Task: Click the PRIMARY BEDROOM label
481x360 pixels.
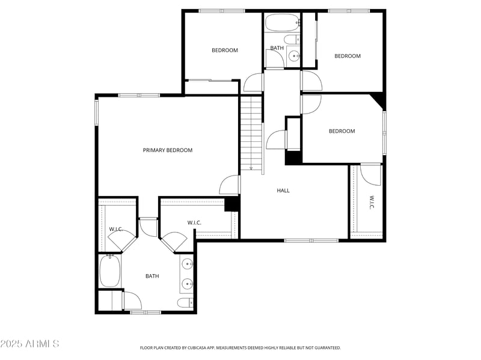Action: pos(167,150)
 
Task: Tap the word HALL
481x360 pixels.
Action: pos(283,191)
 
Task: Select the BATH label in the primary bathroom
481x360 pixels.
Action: pos(152,276)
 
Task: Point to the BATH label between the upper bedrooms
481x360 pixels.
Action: pos(277,48)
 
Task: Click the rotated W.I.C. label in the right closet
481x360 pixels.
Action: pos(371,202)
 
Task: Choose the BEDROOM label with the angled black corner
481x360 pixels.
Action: pos(342,131)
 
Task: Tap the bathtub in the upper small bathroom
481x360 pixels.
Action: pos(282,24)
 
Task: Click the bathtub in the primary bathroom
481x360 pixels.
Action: pos(109,272)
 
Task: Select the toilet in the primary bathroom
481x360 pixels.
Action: pos(185,302)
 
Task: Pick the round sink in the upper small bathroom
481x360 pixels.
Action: pos(294,56)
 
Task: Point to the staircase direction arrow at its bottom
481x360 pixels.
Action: pos(251,168)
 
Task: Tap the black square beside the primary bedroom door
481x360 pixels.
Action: pos(231,204)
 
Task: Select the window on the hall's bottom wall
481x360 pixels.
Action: pos(311,240)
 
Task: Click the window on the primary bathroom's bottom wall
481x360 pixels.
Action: pos(146,312)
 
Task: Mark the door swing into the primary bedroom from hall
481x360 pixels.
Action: pos(230,185)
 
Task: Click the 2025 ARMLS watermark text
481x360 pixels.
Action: pos(29,344)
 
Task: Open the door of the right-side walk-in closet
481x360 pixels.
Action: pos(370,175)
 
